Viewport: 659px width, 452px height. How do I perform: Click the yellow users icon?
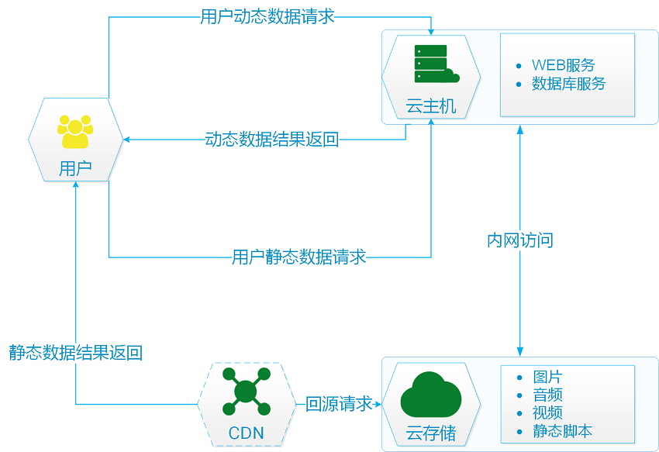(75, 132)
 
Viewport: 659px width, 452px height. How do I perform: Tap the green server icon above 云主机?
(436, 64)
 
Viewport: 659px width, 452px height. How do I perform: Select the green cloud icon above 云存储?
(431, 395)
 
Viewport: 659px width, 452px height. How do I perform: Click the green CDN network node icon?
(247, 392)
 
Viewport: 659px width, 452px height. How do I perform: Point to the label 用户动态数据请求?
(267, 17)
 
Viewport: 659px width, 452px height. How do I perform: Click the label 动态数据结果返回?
(272, 140)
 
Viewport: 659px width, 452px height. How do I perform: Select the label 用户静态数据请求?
(298, 257)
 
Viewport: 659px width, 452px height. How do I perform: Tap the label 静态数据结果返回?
(76, 352)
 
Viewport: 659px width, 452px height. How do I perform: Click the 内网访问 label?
(520, 240)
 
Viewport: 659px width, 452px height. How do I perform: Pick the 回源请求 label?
(339, 404)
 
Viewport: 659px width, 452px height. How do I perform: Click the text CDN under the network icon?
(247, 433)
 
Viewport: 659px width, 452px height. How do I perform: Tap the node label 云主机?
(431, 106)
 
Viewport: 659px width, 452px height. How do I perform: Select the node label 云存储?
(431, 433)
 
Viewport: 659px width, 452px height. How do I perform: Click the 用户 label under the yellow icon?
(75, 168)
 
